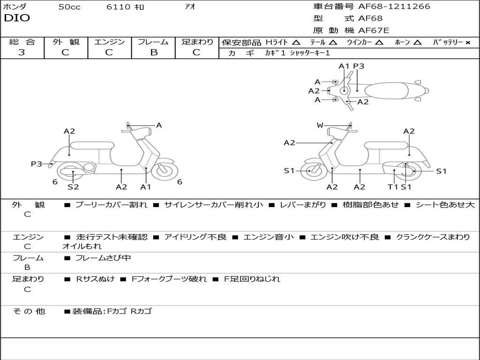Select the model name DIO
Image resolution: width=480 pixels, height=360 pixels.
(17, 18)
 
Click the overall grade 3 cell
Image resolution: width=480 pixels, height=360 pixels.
(22, 52)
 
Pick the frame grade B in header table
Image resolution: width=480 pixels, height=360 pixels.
(154, 52)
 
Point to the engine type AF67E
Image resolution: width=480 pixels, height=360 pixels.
(374, 30)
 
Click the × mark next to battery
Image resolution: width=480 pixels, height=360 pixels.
(468, 43)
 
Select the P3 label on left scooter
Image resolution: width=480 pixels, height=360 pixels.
(36, 164)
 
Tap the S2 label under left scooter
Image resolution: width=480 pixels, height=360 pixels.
(73, 187)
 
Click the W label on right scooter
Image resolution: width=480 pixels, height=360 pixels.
(320, 125)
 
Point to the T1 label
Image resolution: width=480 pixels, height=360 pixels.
(393, 187)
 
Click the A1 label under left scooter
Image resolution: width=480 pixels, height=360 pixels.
(146, 187)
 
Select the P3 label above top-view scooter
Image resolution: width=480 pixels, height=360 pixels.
(359, 66)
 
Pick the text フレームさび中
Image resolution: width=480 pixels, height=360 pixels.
(103, 258)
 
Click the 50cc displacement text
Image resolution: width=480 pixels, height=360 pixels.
(69, 7)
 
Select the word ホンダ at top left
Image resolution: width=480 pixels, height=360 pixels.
(15, 7)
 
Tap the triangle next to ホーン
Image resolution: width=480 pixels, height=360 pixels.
(418, 43)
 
